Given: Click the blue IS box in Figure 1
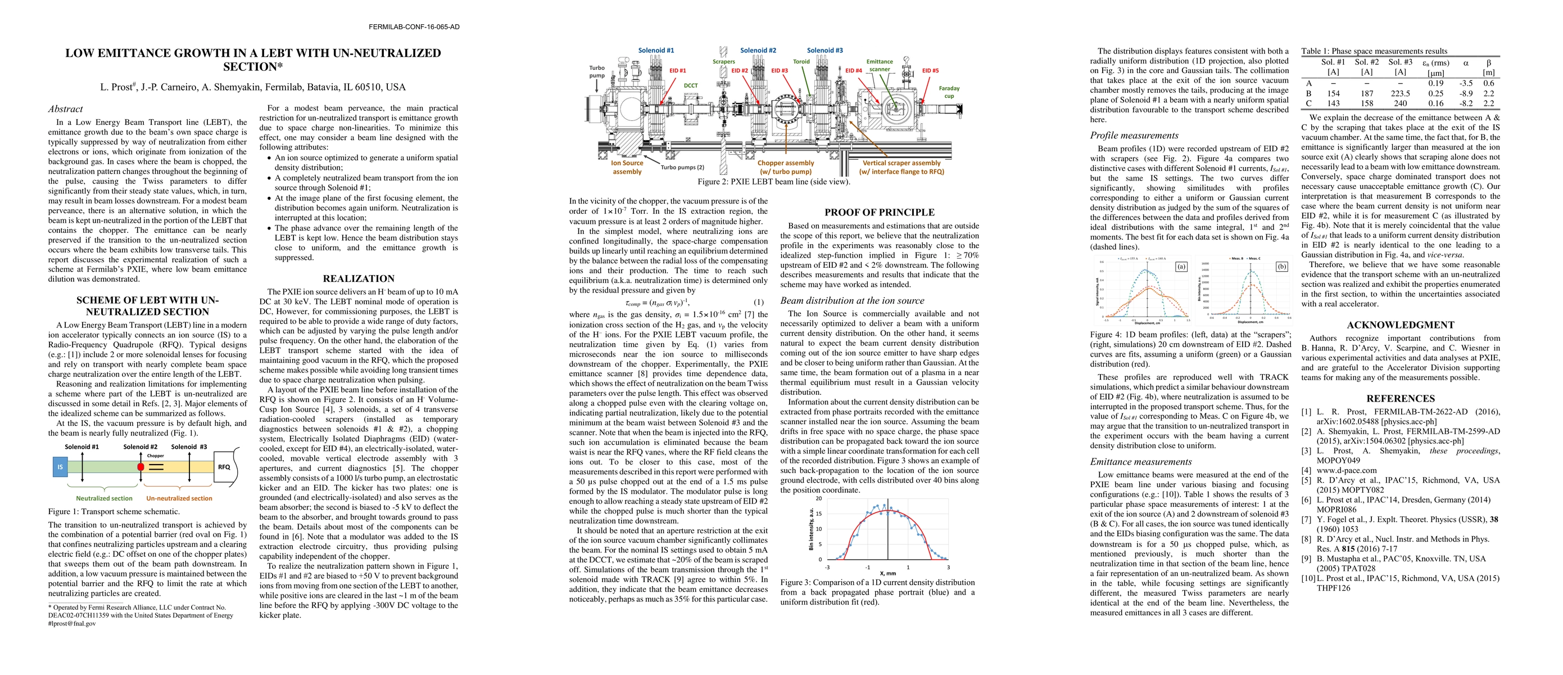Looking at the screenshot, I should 60,467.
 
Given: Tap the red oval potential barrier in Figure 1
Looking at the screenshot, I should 141,467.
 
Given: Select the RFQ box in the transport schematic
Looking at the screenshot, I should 224,467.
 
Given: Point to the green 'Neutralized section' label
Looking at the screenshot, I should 105,498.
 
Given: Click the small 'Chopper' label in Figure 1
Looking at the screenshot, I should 155,455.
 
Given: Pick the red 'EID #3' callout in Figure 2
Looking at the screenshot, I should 780,70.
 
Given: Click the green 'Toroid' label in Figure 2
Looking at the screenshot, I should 801,61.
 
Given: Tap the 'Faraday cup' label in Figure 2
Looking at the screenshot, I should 949,92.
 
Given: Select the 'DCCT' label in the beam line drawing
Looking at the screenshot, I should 691,85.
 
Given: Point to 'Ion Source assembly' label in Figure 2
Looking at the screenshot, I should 627,167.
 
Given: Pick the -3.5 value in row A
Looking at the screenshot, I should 1461,83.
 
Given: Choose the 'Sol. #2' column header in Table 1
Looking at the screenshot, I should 1366,62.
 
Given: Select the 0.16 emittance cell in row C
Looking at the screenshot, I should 1431,103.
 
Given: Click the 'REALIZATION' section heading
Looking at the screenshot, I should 359,278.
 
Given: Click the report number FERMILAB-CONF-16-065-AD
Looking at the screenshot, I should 414,26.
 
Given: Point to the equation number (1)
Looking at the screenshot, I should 758,302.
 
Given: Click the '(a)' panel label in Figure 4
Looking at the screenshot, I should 1181,266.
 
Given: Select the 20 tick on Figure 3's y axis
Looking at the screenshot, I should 818,498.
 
